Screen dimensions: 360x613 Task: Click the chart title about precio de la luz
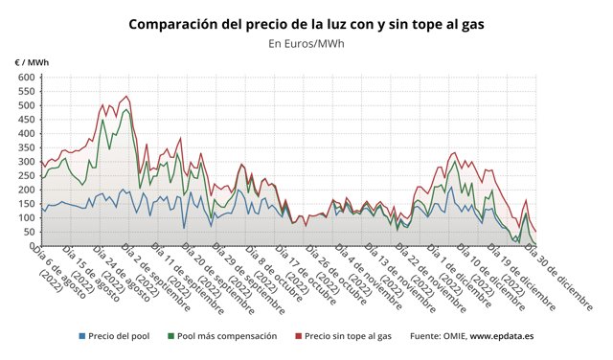[306, 22]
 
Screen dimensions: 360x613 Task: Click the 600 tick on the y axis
[25, 78]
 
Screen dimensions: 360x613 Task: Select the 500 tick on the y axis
[25, 105]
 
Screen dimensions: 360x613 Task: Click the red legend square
[299, 336]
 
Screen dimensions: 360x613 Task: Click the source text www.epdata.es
[503, 336]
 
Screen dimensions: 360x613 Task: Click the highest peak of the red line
[127, 97]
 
